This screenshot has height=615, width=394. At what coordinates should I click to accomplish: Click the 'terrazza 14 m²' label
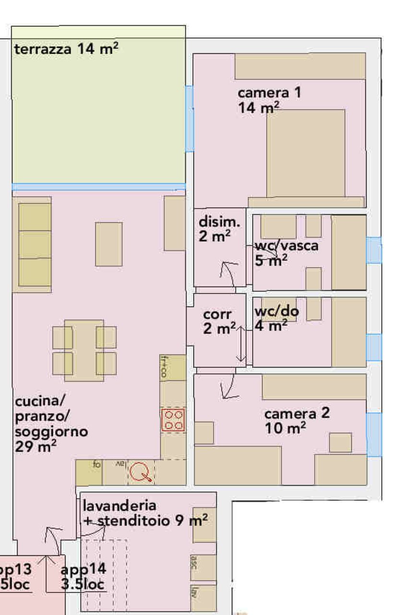pos(66,49)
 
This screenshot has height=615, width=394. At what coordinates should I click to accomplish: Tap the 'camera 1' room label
pos(269,93)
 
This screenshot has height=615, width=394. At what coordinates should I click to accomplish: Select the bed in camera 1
pos(306,153)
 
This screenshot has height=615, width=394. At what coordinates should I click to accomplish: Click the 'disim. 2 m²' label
pos(219,229)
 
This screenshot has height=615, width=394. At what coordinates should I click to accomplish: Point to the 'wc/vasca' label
pos(286,246)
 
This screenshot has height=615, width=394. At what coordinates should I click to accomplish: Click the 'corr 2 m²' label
pos(218,321)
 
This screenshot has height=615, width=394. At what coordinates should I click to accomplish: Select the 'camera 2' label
pos(297,414)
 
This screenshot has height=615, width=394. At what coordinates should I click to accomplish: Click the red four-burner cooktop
pos(173,419)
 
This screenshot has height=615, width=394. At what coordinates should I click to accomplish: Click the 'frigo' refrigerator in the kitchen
pos(172,368)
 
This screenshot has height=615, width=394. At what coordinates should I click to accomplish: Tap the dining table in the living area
pos(84,350)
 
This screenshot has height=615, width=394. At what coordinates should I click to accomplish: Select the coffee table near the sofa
pos(108,244)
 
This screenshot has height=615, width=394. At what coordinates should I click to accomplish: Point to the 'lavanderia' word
pos(119,505)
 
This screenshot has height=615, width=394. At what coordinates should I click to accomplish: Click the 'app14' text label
pos(83,570)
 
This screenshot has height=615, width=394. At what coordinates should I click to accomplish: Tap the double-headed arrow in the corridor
pos(241,344)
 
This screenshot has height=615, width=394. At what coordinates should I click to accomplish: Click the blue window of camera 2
pos(374,434)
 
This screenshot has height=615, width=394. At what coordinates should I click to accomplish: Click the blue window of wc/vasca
pos(373,250)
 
